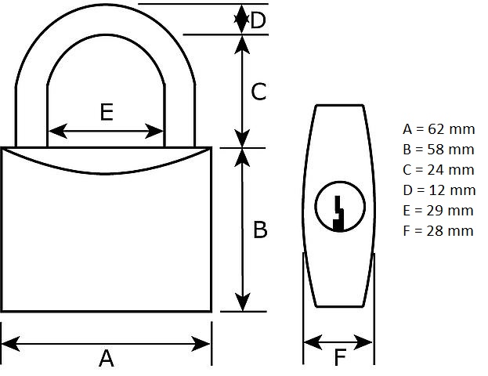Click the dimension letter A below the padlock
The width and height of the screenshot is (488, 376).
[x=107, y=358]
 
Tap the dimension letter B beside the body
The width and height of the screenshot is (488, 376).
[x=260, y=230]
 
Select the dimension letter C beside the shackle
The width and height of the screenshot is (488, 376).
[x=258, y=92]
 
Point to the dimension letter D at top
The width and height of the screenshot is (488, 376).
[x=258, y=20]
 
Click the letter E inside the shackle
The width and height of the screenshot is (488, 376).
[x=107, y=112]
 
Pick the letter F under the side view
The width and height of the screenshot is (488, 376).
[x=340, y=357]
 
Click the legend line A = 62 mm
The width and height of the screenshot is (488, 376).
[x=439, y=129]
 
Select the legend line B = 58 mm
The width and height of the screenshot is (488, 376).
[x=438, y=150]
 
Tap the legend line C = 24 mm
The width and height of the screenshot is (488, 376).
[x=438, y=170]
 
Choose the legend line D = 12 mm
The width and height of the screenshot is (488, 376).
[x=439, y=190]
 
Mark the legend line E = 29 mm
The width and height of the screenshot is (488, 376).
[x=438, y=211]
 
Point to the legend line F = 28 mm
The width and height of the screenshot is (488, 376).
[x=438, y=230]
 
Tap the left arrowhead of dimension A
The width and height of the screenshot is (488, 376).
[x=11, y=344]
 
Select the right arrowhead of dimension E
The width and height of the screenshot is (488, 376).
[x=154, y=131]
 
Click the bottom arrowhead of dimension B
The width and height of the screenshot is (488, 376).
[x=242, y=302]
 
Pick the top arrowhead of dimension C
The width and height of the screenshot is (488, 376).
[x=242, y=45]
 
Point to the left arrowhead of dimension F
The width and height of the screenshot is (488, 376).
[x=313, y=342]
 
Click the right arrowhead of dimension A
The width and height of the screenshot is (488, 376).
[x=201, y=344]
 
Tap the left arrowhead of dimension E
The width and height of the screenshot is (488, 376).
[x=58, y=131]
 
